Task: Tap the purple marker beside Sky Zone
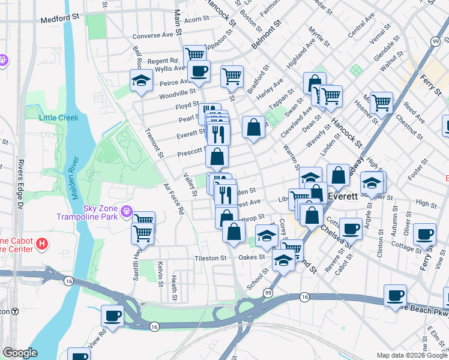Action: click(126, 211)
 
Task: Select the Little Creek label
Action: click(59, 118)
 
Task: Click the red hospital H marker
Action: click(41, 244)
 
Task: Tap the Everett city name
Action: click(342, 196)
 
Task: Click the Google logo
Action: click(20, 353)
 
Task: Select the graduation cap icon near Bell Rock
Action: click(141, 81)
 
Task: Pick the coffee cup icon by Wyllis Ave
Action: click(199, 71)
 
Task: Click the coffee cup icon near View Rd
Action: click(112, 315)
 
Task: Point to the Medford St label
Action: click(61, 20)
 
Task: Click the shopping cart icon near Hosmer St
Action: click(381, 103)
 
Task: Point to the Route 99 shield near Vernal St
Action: click(435, 40)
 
